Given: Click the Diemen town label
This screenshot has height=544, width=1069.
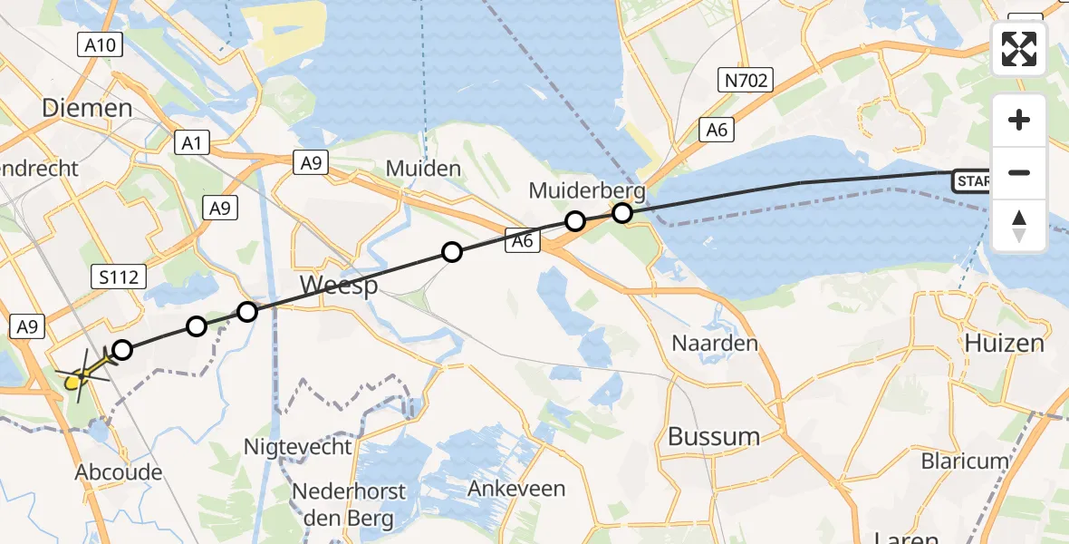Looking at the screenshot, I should tap(87, 109).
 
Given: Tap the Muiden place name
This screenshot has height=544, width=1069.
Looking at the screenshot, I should tap(423, 169).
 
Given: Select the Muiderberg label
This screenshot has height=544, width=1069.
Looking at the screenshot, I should tap(588, 191).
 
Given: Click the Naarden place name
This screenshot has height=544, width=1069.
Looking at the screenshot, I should tap(715, 344).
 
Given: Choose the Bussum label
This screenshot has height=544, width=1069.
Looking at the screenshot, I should tap(714, 436).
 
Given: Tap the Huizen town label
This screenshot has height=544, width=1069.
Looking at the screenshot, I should tap(1004, 344).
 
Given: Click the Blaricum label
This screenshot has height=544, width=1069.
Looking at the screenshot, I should tap(965, 461).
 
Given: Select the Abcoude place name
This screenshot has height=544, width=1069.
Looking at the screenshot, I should tap(119, 472).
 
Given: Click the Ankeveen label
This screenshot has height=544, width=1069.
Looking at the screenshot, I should tap(516, 489).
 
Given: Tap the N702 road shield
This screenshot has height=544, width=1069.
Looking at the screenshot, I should tap(746, 82).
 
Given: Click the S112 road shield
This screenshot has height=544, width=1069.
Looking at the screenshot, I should tap(120, 277).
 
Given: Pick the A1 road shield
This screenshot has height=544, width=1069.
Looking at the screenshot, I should tap(191, 142).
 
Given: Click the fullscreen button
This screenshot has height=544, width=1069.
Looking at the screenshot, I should tap(1019, 49).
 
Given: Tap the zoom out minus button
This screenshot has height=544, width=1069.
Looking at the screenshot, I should tap(1019, 172).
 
